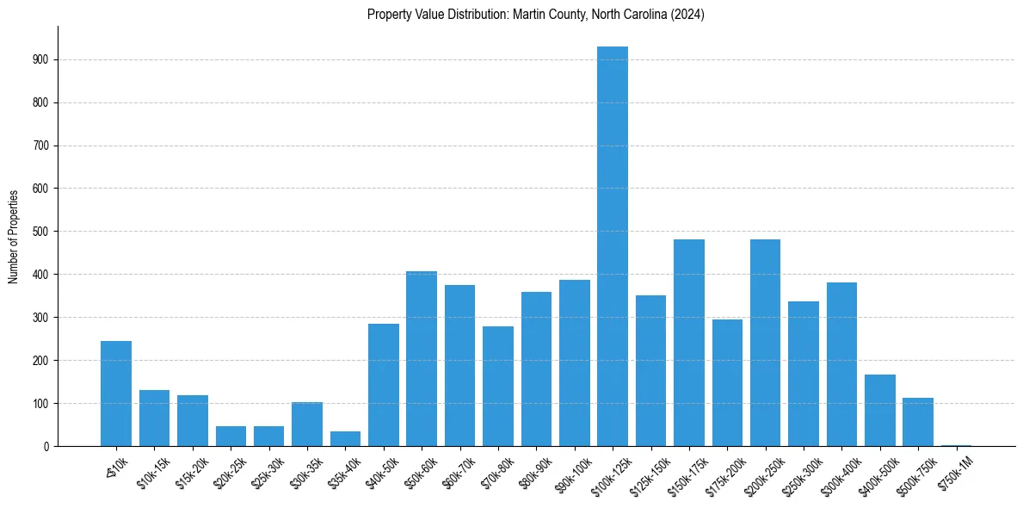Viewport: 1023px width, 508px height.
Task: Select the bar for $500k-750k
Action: pyautogui.click(x=918, y=422)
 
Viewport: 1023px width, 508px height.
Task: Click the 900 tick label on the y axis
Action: pyautogui.click(x=41, y=59)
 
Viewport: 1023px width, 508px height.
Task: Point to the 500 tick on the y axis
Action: pyautogui.click(x=41, y=232)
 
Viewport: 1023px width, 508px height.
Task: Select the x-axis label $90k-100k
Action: pyautogui.click(x=572, y=472)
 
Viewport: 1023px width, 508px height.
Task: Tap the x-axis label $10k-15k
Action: pyautogui.click(x=152, y=470)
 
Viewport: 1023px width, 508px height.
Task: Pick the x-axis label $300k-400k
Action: pyautogui.click(x=840, y=472)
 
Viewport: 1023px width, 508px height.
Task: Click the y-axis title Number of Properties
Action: pyautogui.click(x=14, y=236)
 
